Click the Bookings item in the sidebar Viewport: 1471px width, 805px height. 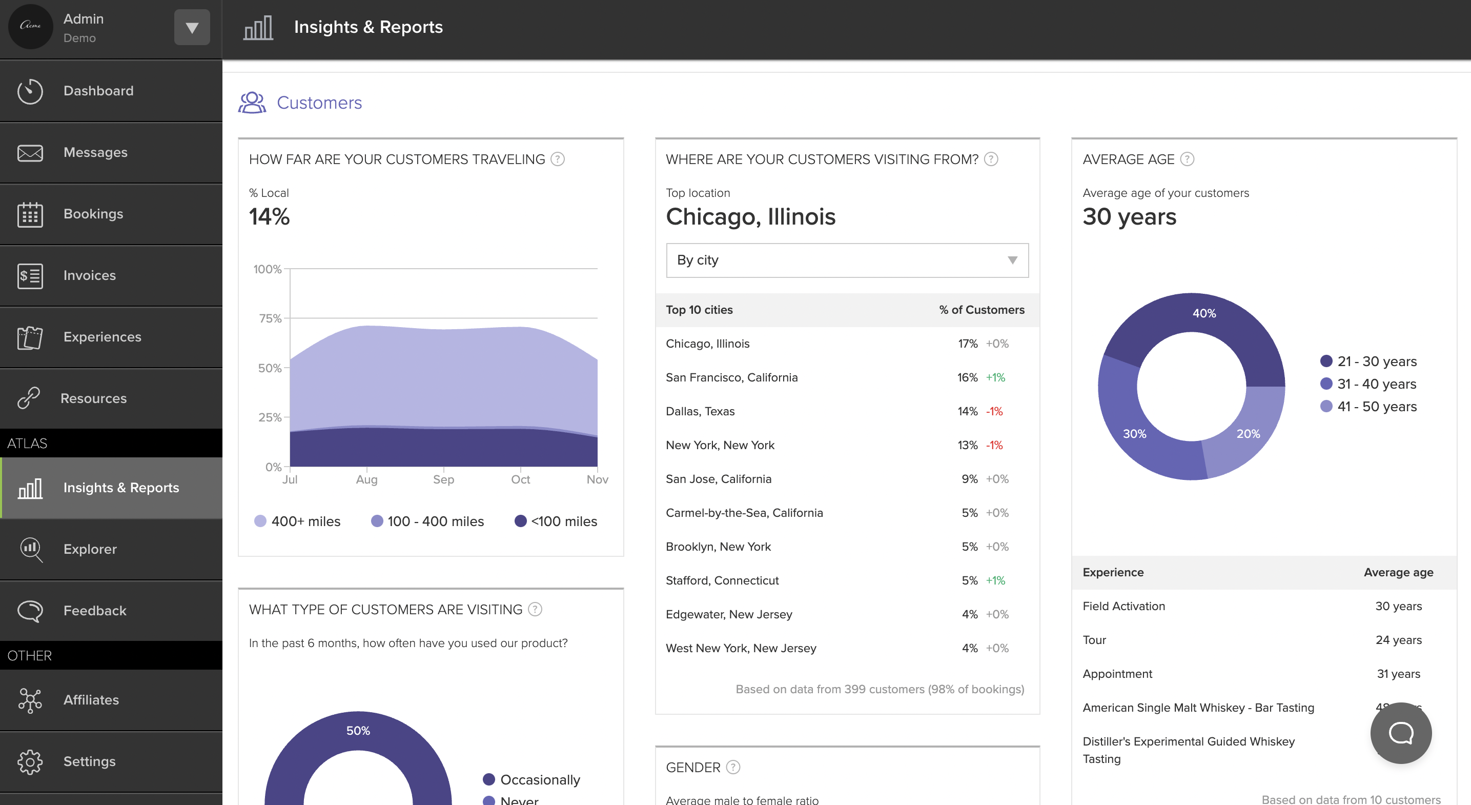(93, 214)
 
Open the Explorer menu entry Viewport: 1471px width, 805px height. (90, 549)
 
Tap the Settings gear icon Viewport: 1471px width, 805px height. (30, 761)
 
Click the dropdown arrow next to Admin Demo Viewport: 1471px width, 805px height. (192, 27)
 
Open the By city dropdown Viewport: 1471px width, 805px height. (847, 260)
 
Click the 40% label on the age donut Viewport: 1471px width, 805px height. (1204, 313)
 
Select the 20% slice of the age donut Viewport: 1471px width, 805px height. (1248, 434)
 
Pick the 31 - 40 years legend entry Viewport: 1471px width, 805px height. (1376, 384)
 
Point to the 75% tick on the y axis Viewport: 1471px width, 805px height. (270, 318)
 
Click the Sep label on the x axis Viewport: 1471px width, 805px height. (443, 479)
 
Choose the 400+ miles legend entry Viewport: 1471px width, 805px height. (305, 521)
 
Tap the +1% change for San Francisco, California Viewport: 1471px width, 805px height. (995, 378)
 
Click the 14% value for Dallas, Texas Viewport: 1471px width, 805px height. (967, 411)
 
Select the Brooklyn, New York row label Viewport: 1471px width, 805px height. (718, 547)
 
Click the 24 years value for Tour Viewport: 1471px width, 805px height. (1398, 640)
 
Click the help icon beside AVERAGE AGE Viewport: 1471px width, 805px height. (1187, 159)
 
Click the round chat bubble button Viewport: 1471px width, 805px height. (1400, 733)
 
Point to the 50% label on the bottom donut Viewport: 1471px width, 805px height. (358, 731)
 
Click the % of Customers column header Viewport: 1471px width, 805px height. (981, 310)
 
